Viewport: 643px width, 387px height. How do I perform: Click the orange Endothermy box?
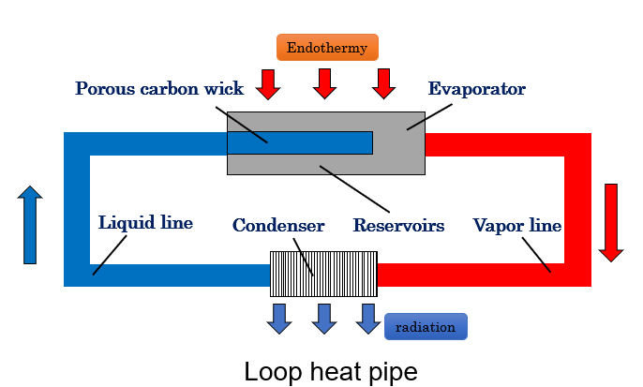click(327, 48)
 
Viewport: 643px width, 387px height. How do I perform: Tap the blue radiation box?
click(426, 327)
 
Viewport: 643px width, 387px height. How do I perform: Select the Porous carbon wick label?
click(159, 89)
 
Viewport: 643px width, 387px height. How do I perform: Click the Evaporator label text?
click(476, 89)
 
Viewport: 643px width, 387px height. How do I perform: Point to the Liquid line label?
click(145, 223)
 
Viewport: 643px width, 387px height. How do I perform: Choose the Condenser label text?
click(278, 226)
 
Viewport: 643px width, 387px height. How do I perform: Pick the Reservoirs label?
click(398, 226)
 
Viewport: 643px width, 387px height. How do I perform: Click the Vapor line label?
click(516, 226)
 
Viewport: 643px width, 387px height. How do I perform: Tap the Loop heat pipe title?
click(330, 371)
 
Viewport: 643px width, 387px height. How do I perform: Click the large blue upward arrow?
click(30, 225)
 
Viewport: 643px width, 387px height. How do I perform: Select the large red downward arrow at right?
click(611, 222)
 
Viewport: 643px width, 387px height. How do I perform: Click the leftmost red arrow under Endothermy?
click(269, 83)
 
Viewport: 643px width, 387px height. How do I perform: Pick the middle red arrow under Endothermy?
click(325, 83)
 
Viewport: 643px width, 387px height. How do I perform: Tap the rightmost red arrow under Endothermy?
click(382, 83)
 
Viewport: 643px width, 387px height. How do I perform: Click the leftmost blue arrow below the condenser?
click(279, 318)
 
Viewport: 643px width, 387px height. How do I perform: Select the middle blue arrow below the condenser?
click(324, 318)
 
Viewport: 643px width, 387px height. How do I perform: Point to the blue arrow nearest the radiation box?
click(368, 318)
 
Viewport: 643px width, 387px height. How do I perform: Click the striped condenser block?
click(323, 274)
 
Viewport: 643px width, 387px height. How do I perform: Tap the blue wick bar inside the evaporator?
click(300, 141)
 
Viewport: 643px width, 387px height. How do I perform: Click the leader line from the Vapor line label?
click(536, 255)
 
